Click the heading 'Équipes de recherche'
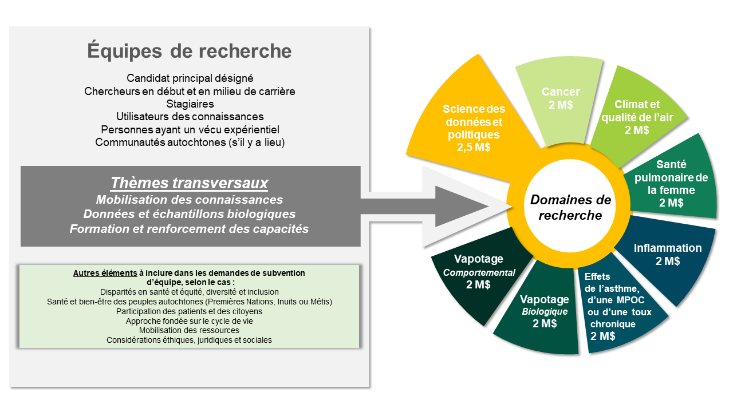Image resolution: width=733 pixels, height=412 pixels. (x=189, y=51)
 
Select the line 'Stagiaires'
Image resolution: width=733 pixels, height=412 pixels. (x=190, y=104)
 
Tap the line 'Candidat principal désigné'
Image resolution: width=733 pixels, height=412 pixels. (x=190, y=78)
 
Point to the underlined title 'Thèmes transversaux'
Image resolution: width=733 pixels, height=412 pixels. (x=190, y=183)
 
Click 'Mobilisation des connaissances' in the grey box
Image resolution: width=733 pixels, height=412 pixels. (x=190, y=200)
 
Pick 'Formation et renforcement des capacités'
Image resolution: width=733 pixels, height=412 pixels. (x=189, y=228)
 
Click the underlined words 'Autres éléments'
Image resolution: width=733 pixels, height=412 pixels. (x=105, y=273)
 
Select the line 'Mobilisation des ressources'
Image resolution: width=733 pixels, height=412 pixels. (x=189, y=330)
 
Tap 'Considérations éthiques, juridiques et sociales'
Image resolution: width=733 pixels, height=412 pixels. (x=189, y=340)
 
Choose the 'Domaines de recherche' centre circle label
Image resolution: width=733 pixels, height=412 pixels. (x=570, y=207)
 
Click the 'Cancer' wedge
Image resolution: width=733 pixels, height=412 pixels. (x=560, y=101)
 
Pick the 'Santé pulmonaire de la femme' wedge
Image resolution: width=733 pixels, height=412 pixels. (x=671, y=184)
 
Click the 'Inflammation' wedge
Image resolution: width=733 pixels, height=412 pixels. (x=668, y=255)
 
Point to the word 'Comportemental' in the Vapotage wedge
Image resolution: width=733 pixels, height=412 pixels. (x=479, y=273)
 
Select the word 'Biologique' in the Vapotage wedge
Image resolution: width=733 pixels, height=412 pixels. (x=545, y=311)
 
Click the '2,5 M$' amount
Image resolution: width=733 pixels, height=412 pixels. (x=474, y=148)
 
